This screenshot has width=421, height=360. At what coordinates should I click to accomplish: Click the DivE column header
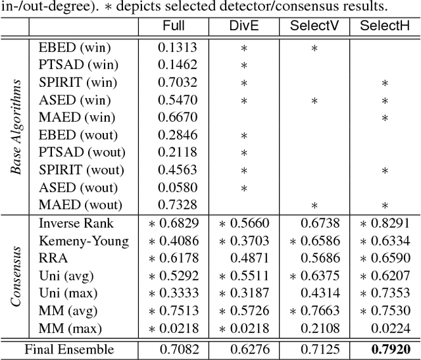(x=243, y=26)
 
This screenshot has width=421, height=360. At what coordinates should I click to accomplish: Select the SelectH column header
(x=385, y=26)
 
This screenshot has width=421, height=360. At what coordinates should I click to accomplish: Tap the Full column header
(x=173, y=26)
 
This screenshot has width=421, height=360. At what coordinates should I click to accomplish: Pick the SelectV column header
(x=314, y=26)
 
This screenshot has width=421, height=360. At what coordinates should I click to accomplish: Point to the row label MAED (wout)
(x=77, y=205)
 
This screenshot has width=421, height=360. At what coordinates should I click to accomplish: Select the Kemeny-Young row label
(x=84, y=240)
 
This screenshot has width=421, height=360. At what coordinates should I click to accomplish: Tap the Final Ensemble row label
(x=69, y=349)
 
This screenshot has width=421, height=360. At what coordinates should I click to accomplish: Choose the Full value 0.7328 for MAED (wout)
(x=173, y=205)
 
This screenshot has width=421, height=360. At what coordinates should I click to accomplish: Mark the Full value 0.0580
(x=173, y=188)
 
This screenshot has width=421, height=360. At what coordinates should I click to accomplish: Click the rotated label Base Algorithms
(x=16, y=126)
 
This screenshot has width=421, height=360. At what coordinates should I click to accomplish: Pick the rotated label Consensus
(x=16, y=274)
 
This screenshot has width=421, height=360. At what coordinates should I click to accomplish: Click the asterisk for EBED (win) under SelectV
(x=314, y=49)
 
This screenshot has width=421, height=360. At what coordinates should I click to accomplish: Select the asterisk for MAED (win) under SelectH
(x=385, y=118)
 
